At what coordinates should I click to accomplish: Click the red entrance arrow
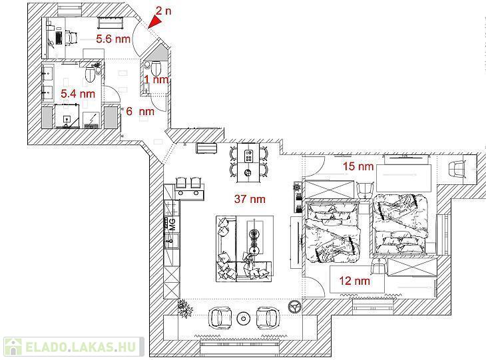point(156,22)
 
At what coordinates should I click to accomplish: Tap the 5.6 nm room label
point(113,39)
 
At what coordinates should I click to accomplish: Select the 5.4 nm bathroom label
point(78,94)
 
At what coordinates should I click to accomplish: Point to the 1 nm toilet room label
point(156,80)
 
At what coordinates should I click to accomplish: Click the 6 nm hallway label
point(140,111)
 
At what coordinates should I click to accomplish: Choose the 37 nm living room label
point(250,199)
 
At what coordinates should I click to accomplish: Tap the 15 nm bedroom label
point(358,166)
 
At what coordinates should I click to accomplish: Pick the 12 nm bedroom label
point(355,281)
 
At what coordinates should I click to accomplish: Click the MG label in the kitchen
point(172,224)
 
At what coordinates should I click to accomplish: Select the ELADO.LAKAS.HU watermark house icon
point(13,347)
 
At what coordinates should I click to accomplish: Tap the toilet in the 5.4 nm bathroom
point(90,74)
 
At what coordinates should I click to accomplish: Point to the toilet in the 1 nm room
point(156,67)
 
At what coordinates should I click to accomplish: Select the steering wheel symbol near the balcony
point(295,306)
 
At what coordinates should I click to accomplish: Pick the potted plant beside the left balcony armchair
point(185,308)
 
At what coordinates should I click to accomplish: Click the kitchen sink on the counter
point(172,241)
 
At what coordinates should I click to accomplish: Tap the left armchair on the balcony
point(220,317)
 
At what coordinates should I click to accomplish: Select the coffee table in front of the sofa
point(255,237)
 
